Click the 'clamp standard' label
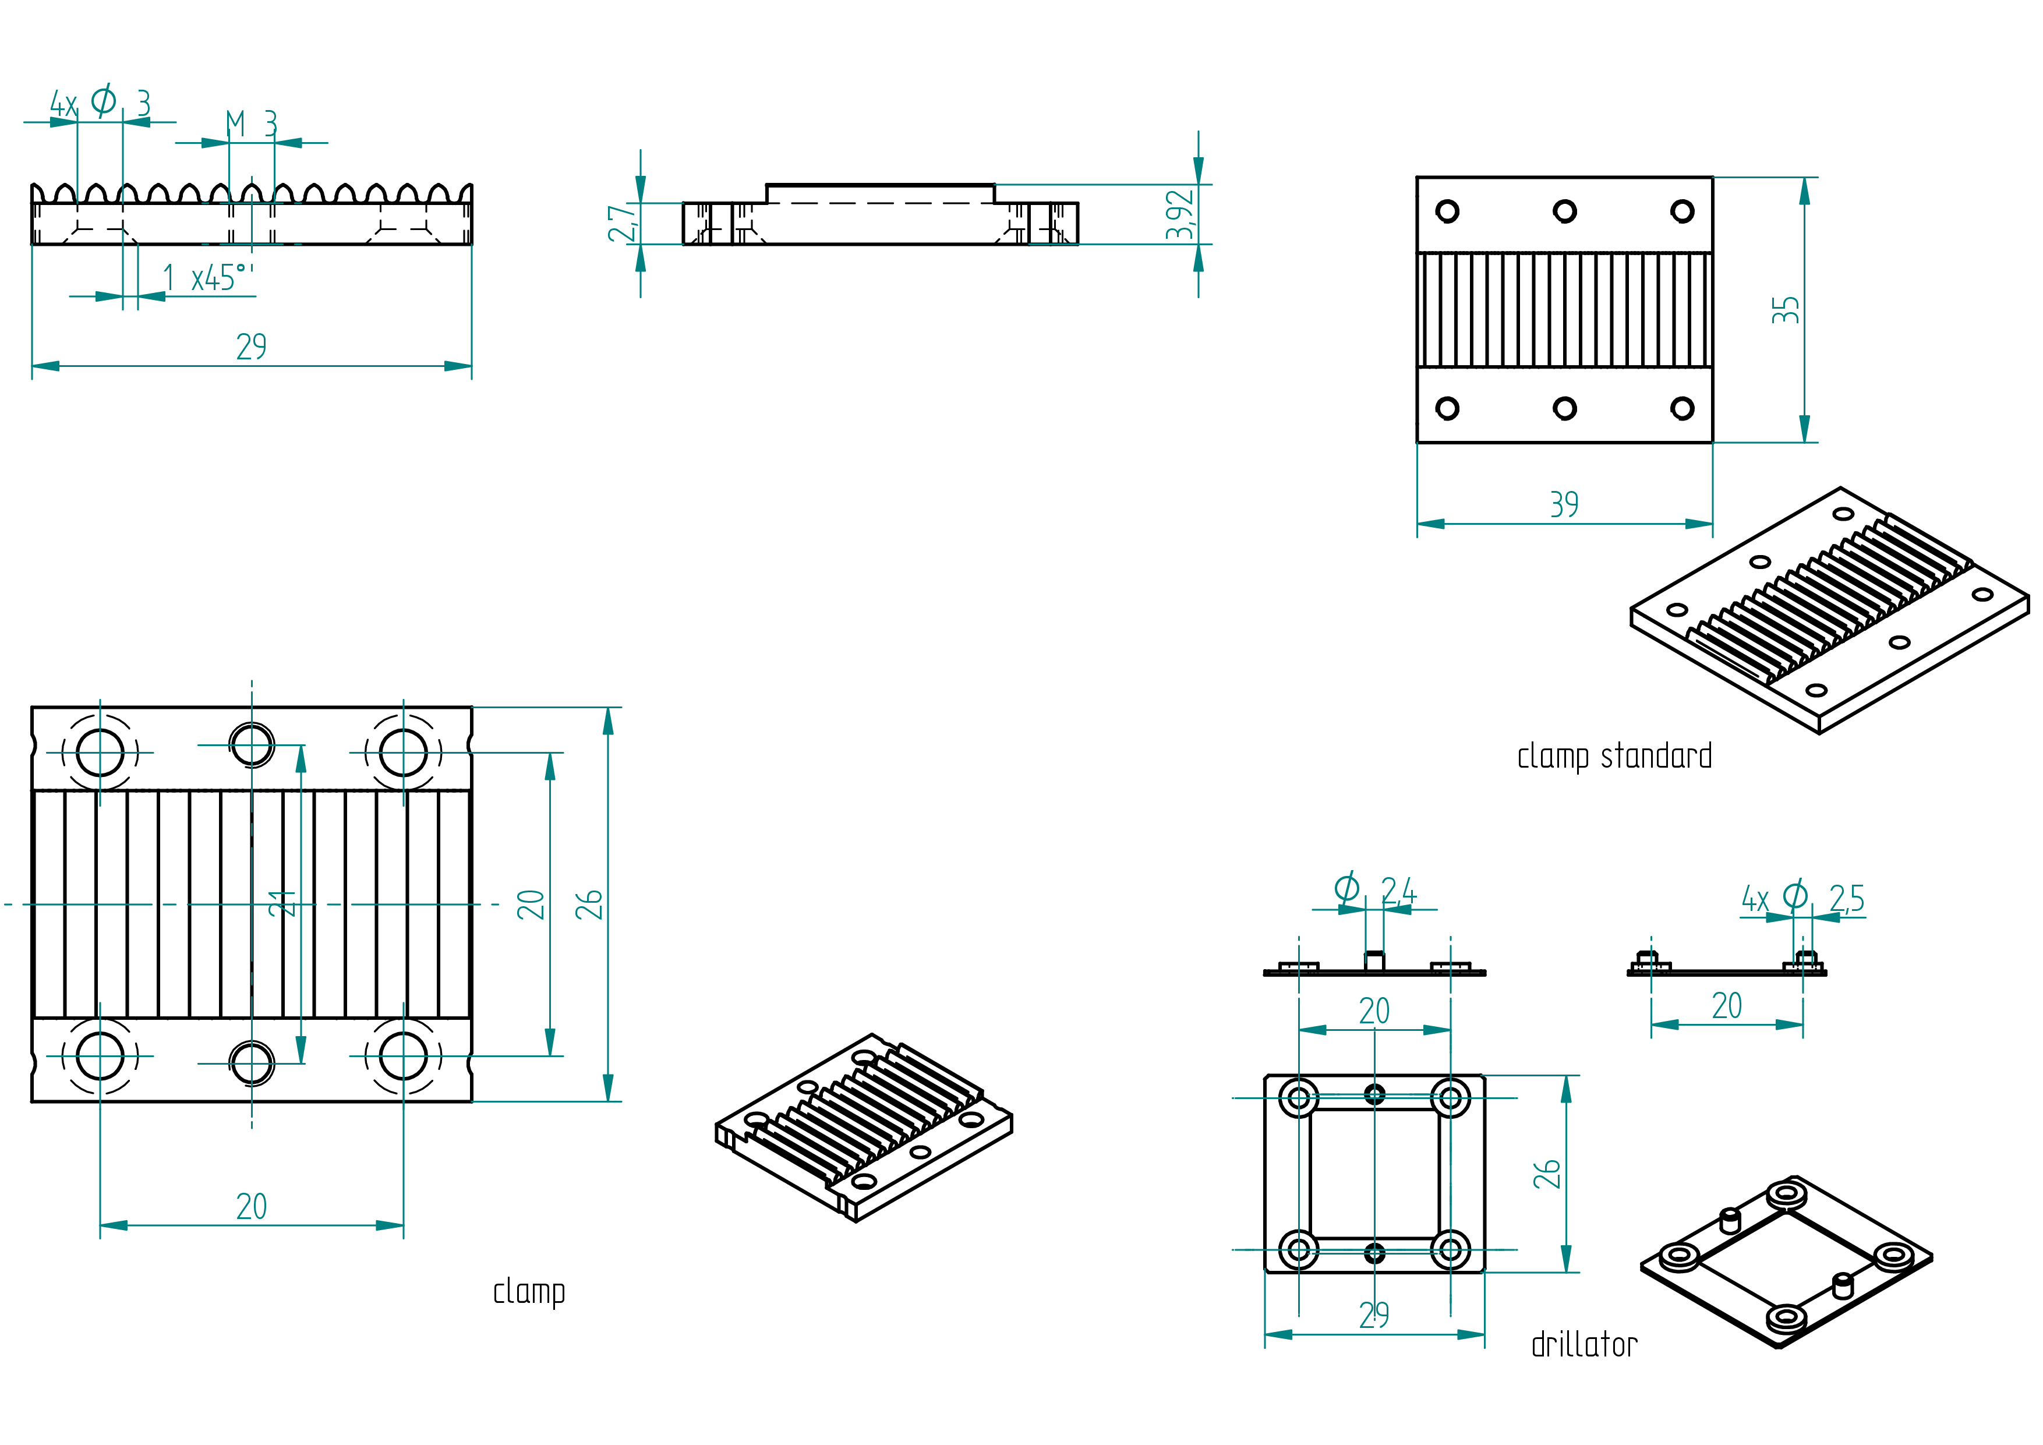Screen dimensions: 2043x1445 click(1614, 757)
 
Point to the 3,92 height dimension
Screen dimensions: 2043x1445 click(1180, 214)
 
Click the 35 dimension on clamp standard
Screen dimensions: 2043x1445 click(1785, 310)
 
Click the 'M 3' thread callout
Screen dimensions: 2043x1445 click(252, 123)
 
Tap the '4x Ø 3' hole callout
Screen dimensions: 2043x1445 click(100, 103)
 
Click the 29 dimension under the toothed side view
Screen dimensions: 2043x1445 click(251, 346)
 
